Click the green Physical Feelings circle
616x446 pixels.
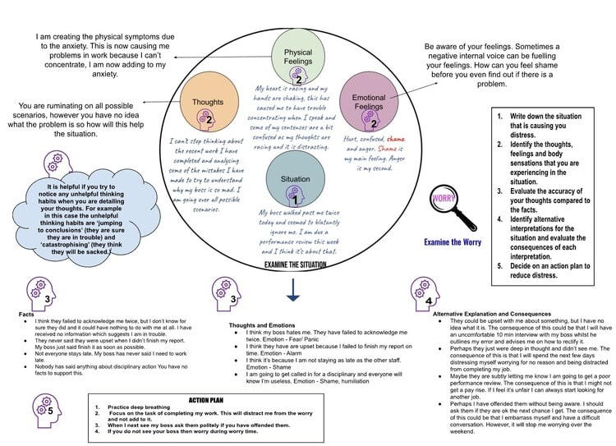292,59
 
